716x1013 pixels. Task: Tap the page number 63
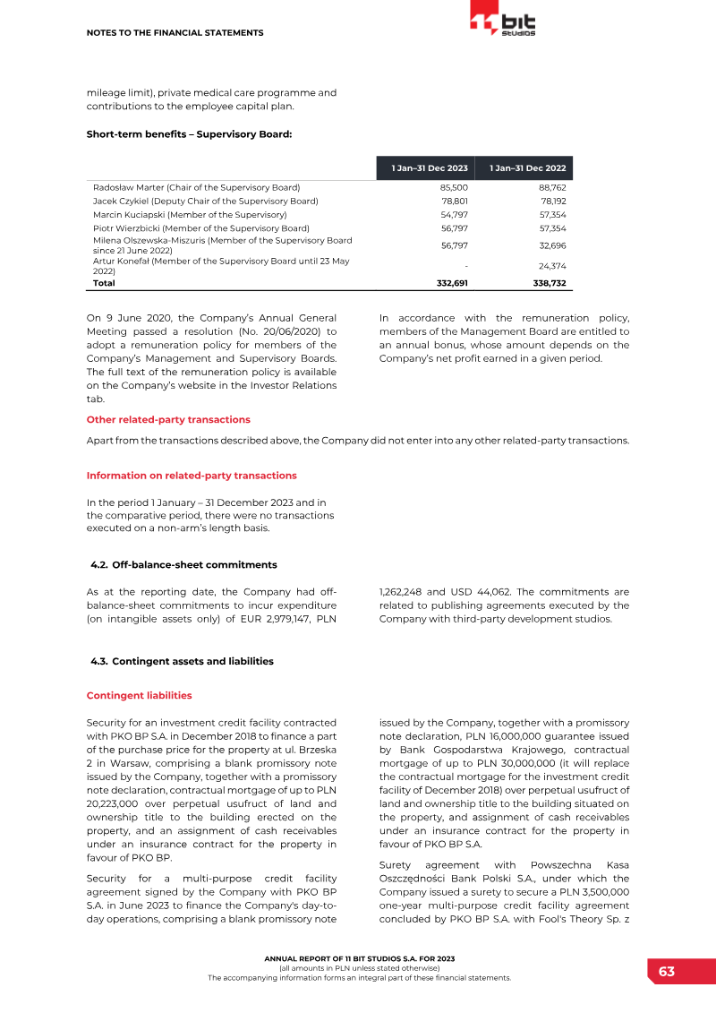click(667, 972)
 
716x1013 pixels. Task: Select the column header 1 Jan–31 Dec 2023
click(430, 168)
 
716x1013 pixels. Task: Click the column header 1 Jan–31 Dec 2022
click(527, 168)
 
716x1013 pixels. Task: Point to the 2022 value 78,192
click(552, 202)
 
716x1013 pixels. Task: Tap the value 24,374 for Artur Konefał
click(552, 266)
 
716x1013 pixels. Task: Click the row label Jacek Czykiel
click(205, 202)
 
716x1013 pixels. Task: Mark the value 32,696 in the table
click(552, 245)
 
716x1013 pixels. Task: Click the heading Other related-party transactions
click(168, 419)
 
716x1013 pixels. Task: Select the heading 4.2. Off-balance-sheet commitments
click(184, 564)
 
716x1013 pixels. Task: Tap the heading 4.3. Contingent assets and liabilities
click(183, 661)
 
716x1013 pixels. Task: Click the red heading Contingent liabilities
click(139, 695)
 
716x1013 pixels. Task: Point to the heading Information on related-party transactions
click(192, 475)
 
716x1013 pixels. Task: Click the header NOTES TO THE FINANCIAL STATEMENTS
click(175, 33)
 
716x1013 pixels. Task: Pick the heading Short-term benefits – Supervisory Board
click(190, 134)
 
